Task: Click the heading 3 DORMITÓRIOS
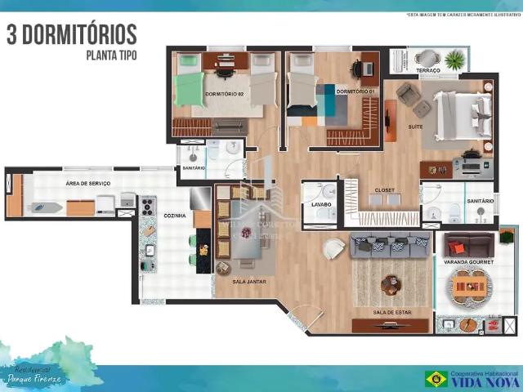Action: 72,35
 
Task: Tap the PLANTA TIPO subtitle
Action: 111,56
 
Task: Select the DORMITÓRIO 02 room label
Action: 225,94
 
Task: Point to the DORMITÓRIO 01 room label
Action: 355,91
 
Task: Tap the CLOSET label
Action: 384,190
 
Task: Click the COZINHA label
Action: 175,216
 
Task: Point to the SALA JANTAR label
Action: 249,282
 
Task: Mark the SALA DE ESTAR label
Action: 390,312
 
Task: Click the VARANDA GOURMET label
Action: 467,262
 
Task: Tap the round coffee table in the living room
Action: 391,282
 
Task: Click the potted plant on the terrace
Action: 454,59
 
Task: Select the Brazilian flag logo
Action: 435,378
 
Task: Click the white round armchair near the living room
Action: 333,248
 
